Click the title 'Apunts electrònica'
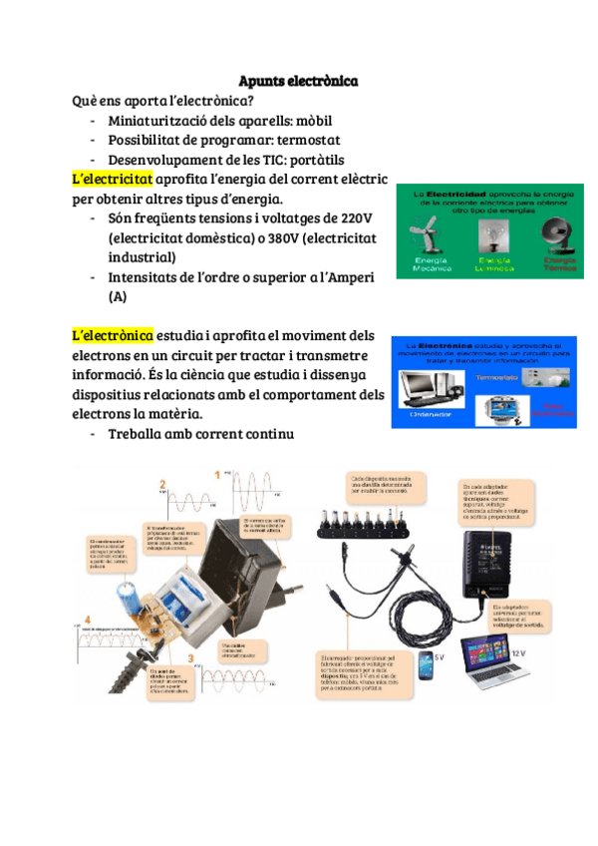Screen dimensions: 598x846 point(298,80)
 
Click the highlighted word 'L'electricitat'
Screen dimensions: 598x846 point(113,179)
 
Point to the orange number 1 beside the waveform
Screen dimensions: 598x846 point(217,474)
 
